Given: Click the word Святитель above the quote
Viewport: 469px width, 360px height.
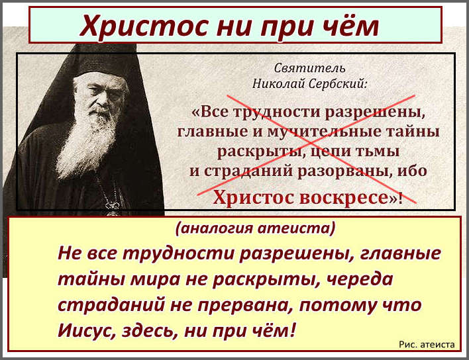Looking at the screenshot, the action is [x=309, y=68].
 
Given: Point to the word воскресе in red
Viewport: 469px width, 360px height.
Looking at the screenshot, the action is [x=344, y=197].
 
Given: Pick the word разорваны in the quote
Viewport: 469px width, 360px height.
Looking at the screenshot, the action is [x=342, y=171].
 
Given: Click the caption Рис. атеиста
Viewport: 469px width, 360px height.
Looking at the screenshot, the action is [x=427, y=344].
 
